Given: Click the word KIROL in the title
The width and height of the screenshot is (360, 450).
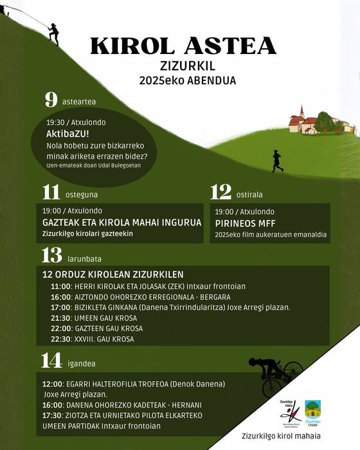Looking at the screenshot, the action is [128, 46].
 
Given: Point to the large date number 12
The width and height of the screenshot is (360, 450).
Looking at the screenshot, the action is [221, 192].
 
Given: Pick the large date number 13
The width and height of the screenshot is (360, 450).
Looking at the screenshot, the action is [51, 256].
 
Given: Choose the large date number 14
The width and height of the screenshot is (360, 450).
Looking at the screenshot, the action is [51, 361].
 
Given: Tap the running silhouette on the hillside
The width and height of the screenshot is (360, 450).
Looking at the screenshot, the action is [277, 161].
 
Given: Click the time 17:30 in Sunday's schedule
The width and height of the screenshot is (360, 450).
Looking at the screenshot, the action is [52, 415].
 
